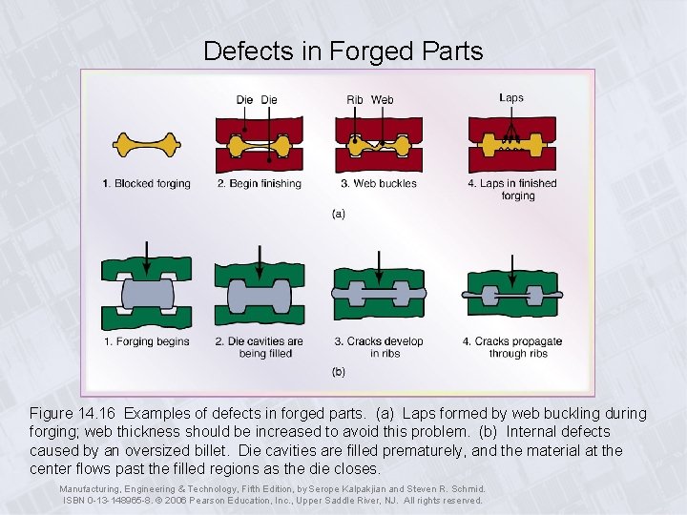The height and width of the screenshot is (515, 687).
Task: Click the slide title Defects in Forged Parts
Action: (x=343, y=51)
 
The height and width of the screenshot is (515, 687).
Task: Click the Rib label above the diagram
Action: (x=355, y=99)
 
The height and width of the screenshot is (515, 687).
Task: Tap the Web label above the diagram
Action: (x=383, y=99)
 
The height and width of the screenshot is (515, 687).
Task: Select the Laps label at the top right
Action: (x=511, y=97)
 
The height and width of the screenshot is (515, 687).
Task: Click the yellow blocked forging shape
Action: (x=146, y=145)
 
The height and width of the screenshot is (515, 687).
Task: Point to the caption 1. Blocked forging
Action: (x=147, y=183)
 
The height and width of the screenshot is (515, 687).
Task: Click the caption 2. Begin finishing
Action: (x=259, y=183)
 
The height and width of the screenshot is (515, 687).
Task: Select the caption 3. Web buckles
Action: (x=378, y=183)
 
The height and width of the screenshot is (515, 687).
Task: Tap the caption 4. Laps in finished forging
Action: (x=512, y=189)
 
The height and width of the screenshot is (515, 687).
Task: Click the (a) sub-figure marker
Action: (x=339, y=214)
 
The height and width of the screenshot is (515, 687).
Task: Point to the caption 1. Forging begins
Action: (x=146, y=341)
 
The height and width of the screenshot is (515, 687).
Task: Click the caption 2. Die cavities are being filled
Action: (x=259, y=347)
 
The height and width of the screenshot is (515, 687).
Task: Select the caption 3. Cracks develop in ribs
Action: (x=378, y=347)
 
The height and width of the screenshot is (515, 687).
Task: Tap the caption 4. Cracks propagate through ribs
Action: (x=512, y=347)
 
